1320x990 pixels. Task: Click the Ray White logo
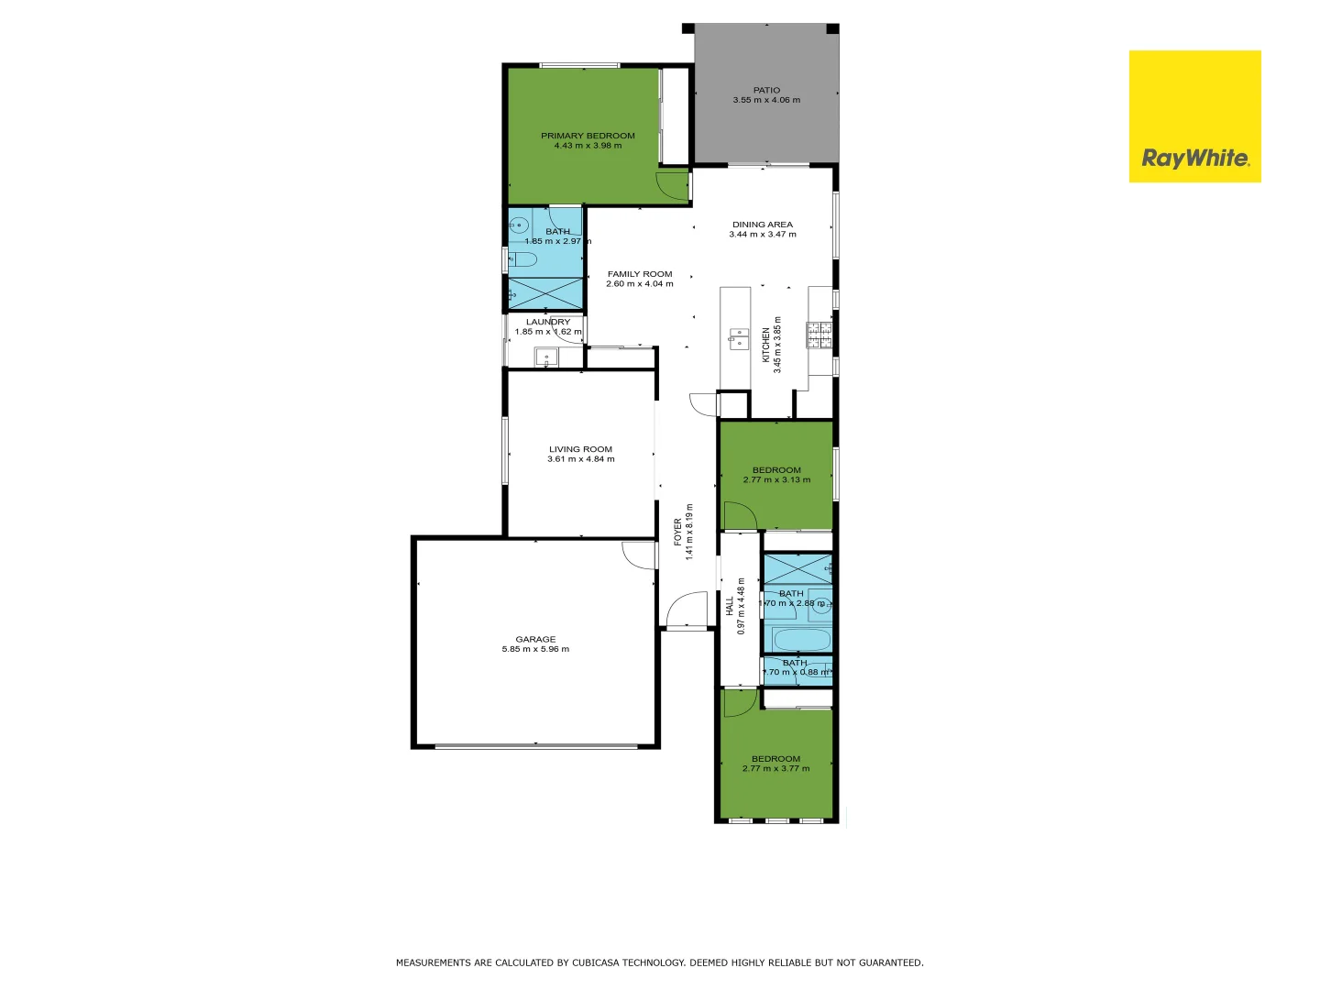[1194, 116]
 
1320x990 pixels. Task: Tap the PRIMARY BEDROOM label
[588, 136]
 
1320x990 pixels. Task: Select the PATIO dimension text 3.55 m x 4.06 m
[766, 100]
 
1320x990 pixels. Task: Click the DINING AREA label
[762, 225]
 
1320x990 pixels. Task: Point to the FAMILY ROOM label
[639, 274]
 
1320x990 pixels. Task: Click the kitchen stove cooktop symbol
[819, 335]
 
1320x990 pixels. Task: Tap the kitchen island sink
[738, 339]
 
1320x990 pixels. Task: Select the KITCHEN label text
[766, 345]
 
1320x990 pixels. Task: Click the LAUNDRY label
[547, 322]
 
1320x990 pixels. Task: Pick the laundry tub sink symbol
[546, 357]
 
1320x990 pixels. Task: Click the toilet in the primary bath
[522, 258]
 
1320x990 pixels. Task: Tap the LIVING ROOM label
[580, 449]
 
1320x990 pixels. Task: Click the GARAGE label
[535, 639]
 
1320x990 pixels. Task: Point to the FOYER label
[678, 532]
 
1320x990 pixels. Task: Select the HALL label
[730, 606]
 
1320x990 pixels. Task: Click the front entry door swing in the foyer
[687, 610]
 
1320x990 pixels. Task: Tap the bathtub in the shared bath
[801, 639]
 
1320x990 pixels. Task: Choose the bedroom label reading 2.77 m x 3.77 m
[775, 768]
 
